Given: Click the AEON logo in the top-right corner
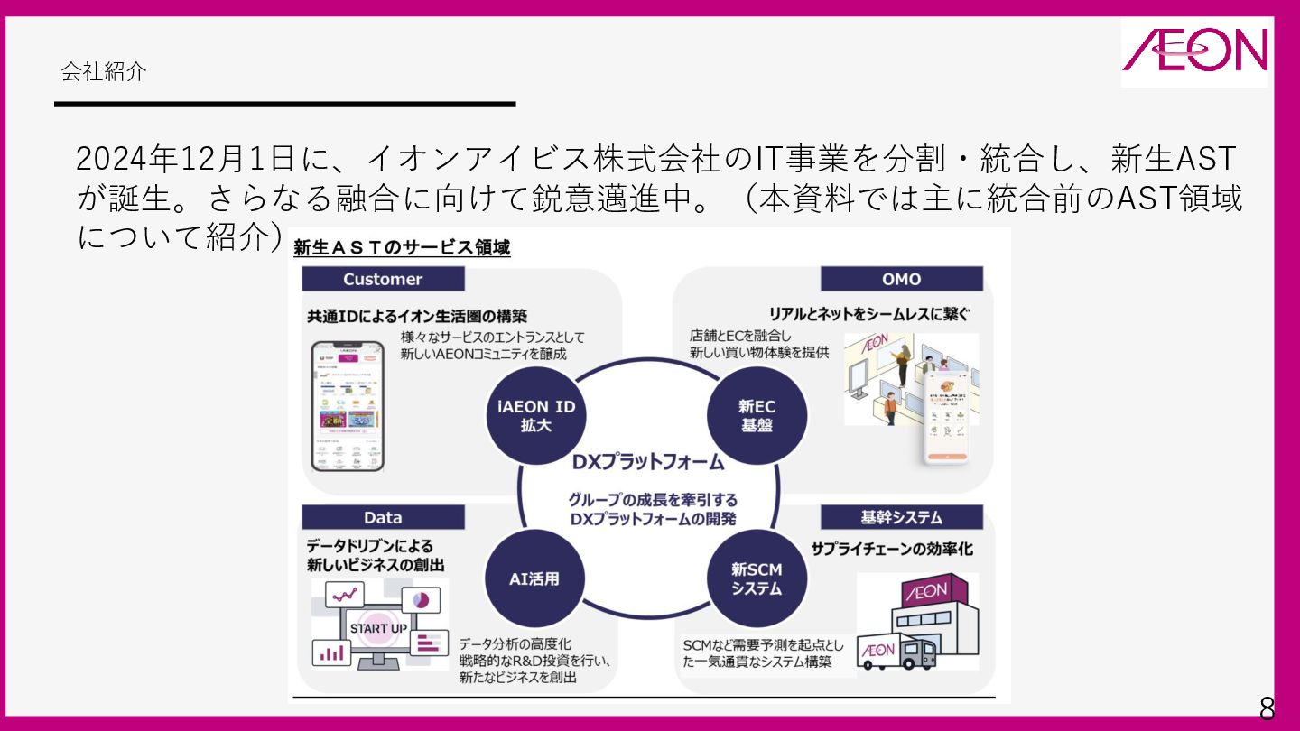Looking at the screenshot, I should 1194,51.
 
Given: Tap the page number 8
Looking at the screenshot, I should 1267,708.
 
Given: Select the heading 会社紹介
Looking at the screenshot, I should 104,72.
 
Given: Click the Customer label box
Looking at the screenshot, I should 383,279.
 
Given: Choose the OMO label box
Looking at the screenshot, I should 901,279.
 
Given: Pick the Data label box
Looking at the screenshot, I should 383,517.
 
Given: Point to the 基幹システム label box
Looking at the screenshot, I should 901,517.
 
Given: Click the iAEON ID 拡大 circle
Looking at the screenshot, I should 535,415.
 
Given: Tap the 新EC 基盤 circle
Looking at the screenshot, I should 757,415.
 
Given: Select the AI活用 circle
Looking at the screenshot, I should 534,578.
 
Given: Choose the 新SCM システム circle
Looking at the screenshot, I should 757,578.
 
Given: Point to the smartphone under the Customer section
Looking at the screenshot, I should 347,406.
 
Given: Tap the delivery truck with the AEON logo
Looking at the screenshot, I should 896,652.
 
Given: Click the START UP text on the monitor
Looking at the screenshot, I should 377,628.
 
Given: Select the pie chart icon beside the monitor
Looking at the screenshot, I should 420,599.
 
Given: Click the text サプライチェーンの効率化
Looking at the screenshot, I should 892,549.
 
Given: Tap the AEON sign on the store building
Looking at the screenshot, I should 925,592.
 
